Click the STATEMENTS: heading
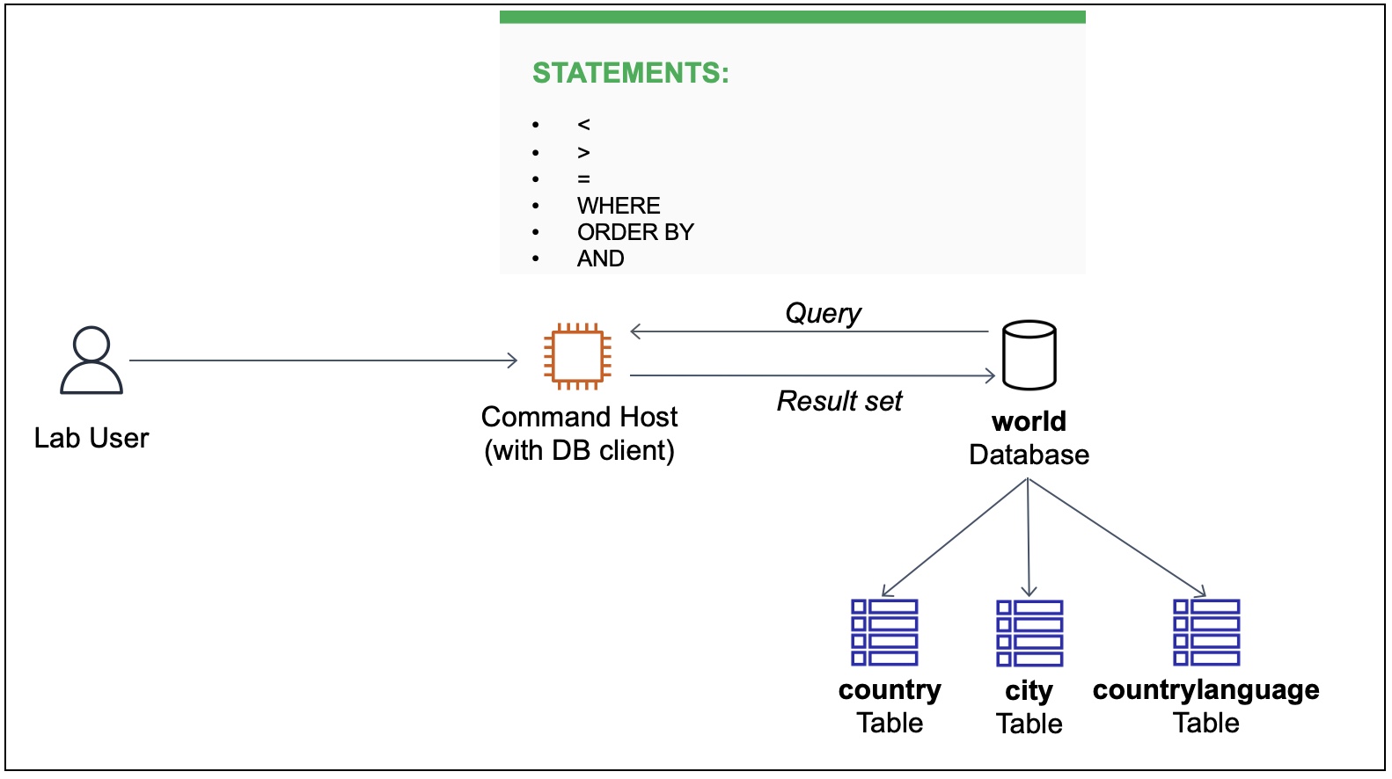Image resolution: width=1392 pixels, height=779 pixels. [x=630, y=73]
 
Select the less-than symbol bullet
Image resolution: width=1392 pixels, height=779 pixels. [x=583, y=125]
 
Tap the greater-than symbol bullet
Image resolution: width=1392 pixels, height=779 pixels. [x=583, y=152]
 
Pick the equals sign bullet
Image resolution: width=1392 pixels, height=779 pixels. [x=583, y=179]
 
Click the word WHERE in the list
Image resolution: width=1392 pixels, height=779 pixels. [x=619, y=206]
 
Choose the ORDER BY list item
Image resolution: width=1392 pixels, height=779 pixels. [x=635, y=232]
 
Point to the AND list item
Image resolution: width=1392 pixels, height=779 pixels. [x=601, y=258]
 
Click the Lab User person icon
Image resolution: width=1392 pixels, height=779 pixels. [x=92, y=360]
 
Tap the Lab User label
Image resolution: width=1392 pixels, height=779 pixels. [x=92, y=438]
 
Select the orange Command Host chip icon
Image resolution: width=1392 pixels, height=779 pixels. [x=578, y=356]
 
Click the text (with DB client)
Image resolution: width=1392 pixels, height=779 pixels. [x=579, y=450]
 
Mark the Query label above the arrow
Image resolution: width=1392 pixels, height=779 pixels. [x=823, y=313]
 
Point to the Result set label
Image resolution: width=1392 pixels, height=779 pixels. [x=839, y=401]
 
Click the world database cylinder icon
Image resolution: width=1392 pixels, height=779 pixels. [x=1029, y=355]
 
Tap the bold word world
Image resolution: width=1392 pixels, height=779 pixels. [x=1029, y=421]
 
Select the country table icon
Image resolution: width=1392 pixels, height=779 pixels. [x=884, y=632]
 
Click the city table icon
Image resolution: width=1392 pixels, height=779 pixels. [x=1029, y=633]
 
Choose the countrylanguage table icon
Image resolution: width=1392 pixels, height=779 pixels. [x=1206, y=632]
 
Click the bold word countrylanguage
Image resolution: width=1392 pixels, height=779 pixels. [x=1205, y=689]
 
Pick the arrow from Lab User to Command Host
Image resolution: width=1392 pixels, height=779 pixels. [x=323, y=360]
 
